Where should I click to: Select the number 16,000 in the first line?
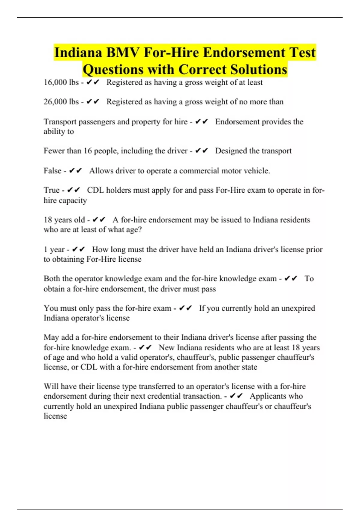point(56,82)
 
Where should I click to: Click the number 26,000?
point(56,102)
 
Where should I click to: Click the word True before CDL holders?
point(52,190)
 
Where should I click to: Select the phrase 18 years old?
point(64,220)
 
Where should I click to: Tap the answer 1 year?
point(54,250)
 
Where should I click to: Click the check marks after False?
point(75,171)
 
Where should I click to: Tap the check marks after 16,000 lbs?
point(93,82)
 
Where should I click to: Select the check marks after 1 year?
point(79,250)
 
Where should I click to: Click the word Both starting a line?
point(52,279)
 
